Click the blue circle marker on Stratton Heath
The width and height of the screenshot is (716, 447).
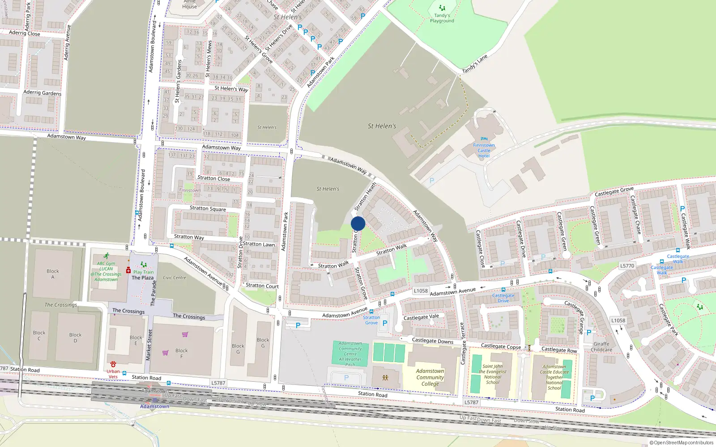[x=358, y=223]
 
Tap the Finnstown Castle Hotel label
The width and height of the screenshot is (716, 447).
[x=484, y=150]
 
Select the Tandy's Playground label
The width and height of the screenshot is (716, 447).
[x=442, y=18]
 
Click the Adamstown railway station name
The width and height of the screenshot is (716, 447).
[x=154, y=406]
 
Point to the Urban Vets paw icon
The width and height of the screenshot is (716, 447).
[x=113, y=364]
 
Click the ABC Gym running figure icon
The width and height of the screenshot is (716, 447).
[x=106, y=256]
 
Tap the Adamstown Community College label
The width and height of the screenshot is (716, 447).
[x=430, y=377]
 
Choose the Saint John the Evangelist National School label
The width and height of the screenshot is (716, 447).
[x=492, y=374]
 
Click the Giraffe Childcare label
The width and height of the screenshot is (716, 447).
[x=601, y=347]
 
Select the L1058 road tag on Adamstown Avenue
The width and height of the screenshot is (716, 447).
[x=421, y=291]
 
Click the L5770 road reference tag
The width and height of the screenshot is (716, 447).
[x=627, y=266]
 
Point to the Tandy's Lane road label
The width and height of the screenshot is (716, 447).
[x=474, y=64]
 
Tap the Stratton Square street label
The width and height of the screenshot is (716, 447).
[x=208, y=208]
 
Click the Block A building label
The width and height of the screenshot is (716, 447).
[x=53, y=274]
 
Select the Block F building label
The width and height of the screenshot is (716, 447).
[x=182, y=353]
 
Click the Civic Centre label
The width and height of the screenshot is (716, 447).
[x=174, y=278]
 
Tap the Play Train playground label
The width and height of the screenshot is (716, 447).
[x=143, y=272]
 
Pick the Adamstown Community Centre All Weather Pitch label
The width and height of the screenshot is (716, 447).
[x=350, y=354]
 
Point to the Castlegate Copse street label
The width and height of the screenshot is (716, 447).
[x=501, y=346]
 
